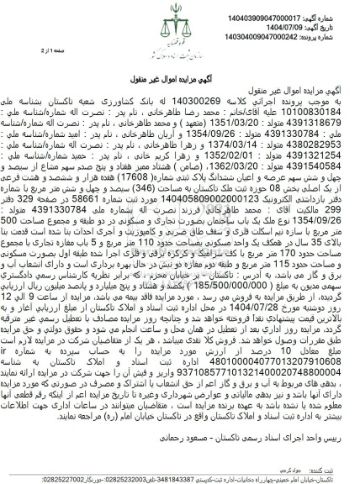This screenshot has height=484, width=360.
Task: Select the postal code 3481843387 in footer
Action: click(x=204, y=471)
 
